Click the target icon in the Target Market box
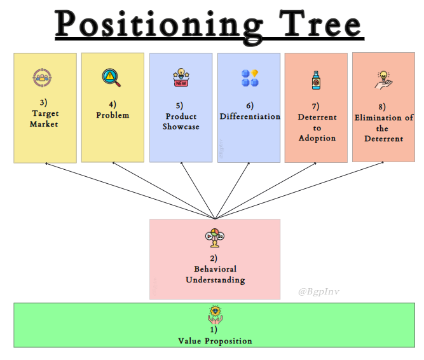(42, 79)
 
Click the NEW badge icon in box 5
(181, 79)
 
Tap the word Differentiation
(250, 116)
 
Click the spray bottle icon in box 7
(316, 80)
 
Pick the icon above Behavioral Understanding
(214, 238)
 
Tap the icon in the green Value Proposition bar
(214, 314)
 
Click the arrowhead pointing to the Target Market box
(46, 164)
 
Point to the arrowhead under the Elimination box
(381, 164)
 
